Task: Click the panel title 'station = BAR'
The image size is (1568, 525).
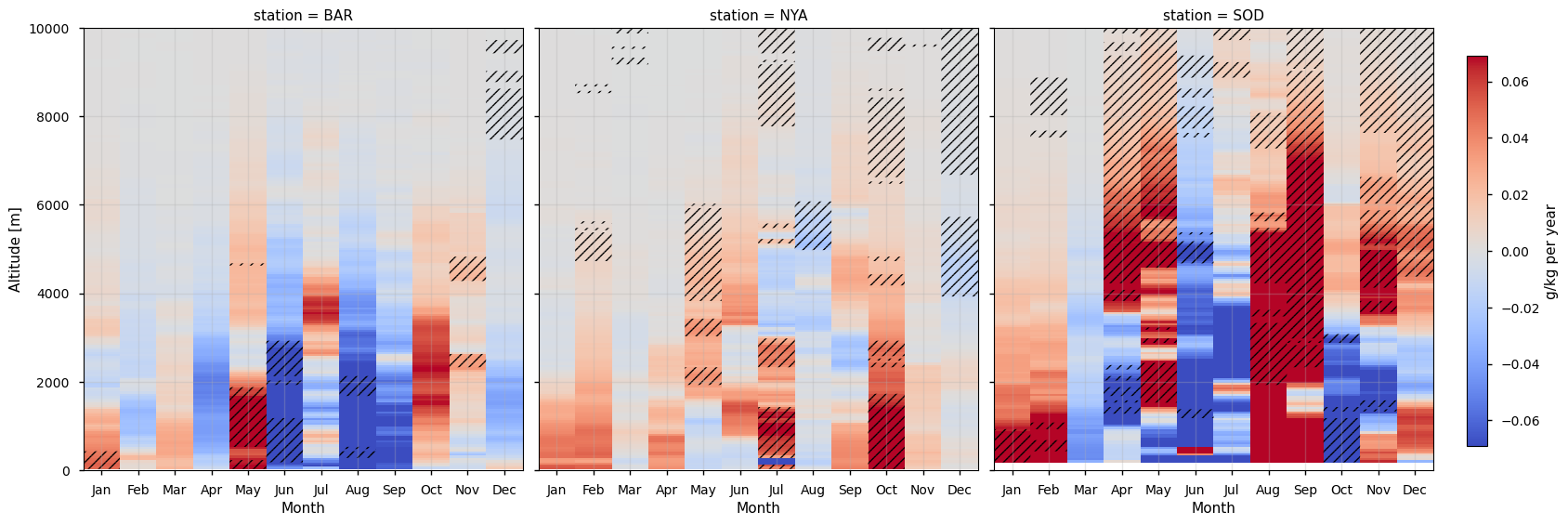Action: (x=303, y=16)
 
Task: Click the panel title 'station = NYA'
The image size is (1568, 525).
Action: (x=758, y=16)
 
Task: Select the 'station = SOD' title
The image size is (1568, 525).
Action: (x=1213, y=16)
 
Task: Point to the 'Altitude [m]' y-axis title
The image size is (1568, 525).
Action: (x=15, y=249)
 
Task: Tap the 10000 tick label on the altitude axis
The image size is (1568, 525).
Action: (x=51, y=29)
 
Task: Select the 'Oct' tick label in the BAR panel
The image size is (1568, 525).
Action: (x=431, y=490)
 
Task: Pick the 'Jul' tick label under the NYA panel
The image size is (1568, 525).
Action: (x=777, y=490)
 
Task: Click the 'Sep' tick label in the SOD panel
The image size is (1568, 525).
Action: (x=1305, y=490)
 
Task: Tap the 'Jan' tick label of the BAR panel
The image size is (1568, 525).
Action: (x=101, y=490)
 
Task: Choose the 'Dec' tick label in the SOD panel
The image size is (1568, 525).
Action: (x=1414, y=490)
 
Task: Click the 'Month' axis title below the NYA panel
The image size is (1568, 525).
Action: (x=758, y=508)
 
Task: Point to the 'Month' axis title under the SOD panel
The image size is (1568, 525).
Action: (x=1213, y=508)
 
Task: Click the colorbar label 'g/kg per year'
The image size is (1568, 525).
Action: (x=1550, y=251)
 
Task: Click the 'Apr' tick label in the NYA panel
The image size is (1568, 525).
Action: (x=666, y=490)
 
